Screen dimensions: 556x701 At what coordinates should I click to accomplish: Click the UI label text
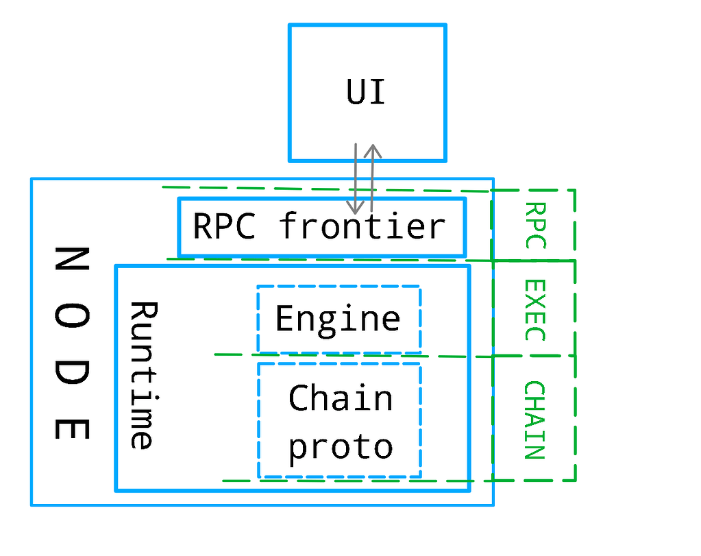pyautogui.click(x=366, y=93)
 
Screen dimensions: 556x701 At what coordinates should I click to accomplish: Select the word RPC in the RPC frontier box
pyautogui.click(x=224, y=226)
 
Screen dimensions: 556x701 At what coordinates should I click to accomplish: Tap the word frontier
pyautogui.click(x=362, y=226)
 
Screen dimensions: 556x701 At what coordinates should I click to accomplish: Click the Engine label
pyautogui.click(x=338, y=319)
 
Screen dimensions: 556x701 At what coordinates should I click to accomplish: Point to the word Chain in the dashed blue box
pyautogui.click(x=341, y=398)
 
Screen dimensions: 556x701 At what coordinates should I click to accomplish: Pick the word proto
pyautogui.click(x=341, y=446)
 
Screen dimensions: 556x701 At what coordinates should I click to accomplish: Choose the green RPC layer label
pyautogui.click(x=534, y=225)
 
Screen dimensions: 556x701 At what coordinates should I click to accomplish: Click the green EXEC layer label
pyautogui.click(x=534, y=310)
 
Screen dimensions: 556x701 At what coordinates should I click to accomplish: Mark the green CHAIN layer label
pyautogui.click(x=534, y=420)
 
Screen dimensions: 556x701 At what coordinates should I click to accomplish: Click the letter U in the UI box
pyautogui.click(x=356, y=93)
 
